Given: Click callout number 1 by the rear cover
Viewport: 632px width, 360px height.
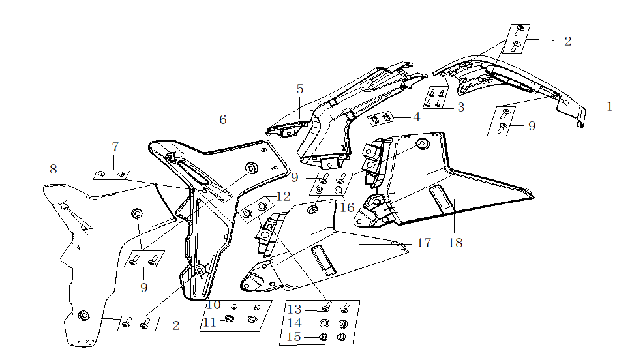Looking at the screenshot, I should tap(609, 107).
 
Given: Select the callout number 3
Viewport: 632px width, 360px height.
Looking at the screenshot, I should tap(460, 107).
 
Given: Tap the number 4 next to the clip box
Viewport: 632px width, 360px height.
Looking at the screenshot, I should tap(415, 117).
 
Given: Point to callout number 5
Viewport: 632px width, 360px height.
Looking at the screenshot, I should tap(299, 89).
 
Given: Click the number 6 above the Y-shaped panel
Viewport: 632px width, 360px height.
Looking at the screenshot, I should tap(223, 120).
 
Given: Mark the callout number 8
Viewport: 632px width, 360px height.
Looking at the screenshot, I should tap(53, 169).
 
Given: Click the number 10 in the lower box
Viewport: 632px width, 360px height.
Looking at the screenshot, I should tap(213, 305).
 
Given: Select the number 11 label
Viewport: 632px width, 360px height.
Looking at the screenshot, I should tap(210, 322).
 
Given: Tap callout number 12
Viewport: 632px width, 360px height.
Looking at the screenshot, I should tap(283, 196).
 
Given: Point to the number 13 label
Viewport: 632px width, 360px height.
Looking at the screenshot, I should tap(295, 308).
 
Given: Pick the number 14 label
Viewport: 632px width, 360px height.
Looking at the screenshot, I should tap(295, 323).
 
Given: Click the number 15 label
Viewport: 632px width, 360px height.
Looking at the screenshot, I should tap(295, 337).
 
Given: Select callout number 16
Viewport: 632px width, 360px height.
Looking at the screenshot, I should tap(347, 207).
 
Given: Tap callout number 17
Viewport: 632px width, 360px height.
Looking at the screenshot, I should tap(424, 243).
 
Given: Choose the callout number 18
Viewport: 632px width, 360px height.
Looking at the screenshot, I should tap(455, 243).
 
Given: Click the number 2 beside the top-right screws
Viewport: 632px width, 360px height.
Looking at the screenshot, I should tap(567, 41).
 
